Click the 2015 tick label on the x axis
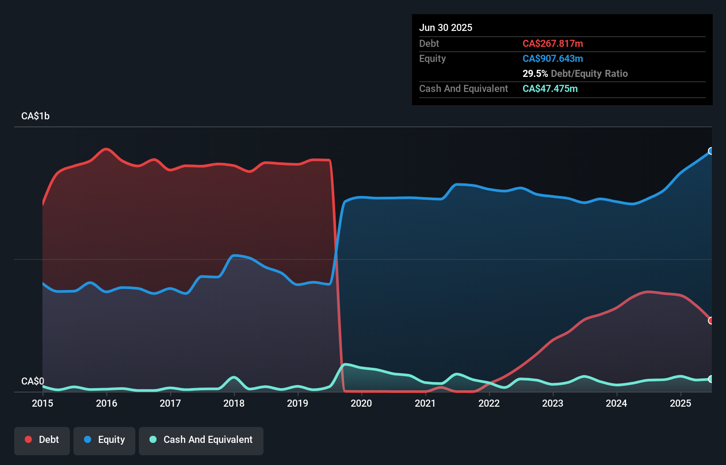point(42,403)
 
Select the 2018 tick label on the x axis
point(234,403)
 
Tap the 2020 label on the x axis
point(361,403)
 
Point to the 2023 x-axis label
point(553,403)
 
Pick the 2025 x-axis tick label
point(680,403)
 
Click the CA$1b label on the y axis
point(35,116)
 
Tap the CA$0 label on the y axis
point(33,381)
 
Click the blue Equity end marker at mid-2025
point(711,151)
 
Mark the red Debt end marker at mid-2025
point(711,320)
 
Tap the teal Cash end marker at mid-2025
point(711,379)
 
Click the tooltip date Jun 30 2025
point(446,27)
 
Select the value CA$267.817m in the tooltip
point(553,43)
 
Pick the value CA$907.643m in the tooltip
point(553,58)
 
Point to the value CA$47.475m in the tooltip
point(550,88)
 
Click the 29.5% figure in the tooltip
point(535,73)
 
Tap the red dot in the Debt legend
point(28,439)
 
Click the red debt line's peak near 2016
point(106,149)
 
